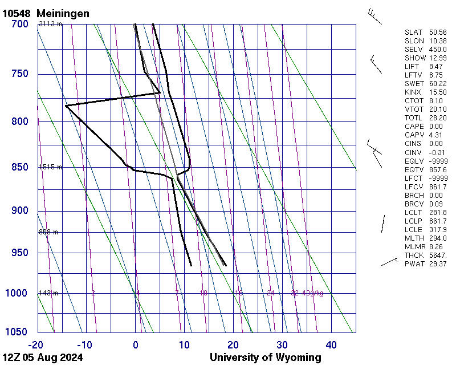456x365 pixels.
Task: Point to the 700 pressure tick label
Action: coord(19,24)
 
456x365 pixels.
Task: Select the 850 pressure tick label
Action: coord(19,167)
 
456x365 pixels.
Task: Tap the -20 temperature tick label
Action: coord(36,344)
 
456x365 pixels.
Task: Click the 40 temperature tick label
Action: coord(331,344)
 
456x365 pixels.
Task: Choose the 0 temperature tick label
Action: coord(136,344)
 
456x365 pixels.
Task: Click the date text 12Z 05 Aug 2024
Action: coord(43,358)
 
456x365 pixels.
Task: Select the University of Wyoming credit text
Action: coord(265,358)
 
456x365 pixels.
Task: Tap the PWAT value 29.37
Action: coord(437,263)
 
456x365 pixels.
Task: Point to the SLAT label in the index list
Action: coord(414,33)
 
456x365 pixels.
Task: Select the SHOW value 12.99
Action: coord(437,58)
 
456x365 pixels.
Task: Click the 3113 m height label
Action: coord(50,24)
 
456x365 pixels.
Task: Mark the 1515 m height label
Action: coord(50,167)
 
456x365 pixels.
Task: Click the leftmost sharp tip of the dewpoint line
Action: coord(66,106)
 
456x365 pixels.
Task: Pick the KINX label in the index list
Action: coord(414,92)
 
